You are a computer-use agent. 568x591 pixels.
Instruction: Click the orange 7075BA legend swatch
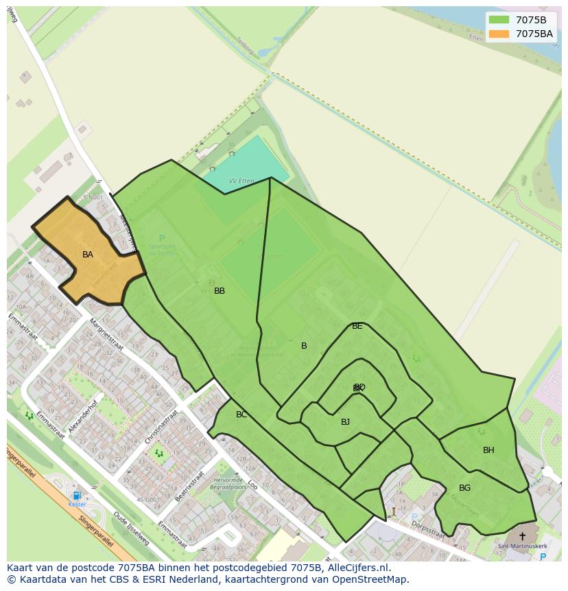(x=499, y=34)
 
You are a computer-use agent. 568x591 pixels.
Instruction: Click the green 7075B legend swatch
(x=499, y=20)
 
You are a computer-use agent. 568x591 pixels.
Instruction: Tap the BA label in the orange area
(x=88, y=255)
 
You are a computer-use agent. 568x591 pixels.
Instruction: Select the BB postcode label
(x=220, y=291)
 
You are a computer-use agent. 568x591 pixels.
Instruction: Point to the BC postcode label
(x=241, y=415)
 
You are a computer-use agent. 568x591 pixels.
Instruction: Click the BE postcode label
(x=357, y=326)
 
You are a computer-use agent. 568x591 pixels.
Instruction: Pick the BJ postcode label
(x=345, y=422)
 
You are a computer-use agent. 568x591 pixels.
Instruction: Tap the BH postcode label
(x=488, y=450)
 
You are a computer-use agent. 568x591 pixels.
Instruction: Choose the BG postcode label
(x=464, y=488)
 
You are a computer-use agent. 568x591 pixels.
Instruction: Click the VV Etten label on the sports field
(x=241, y=181)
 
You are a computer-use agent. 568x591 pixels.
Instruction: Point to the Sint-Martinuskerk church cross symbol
(x=522, y=536)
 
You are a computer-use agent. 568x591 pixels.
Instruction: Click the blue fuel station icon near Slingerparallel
(x=77, y=496)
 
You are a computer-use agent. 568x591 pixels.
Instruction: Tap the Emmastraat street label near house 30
(x=23, y=325)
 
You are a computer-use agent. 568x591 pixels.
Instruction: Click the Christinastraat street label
(x=162, y=427)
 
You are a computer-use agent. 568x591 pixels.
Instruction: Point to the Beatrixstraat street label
(x=190, y=486)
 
